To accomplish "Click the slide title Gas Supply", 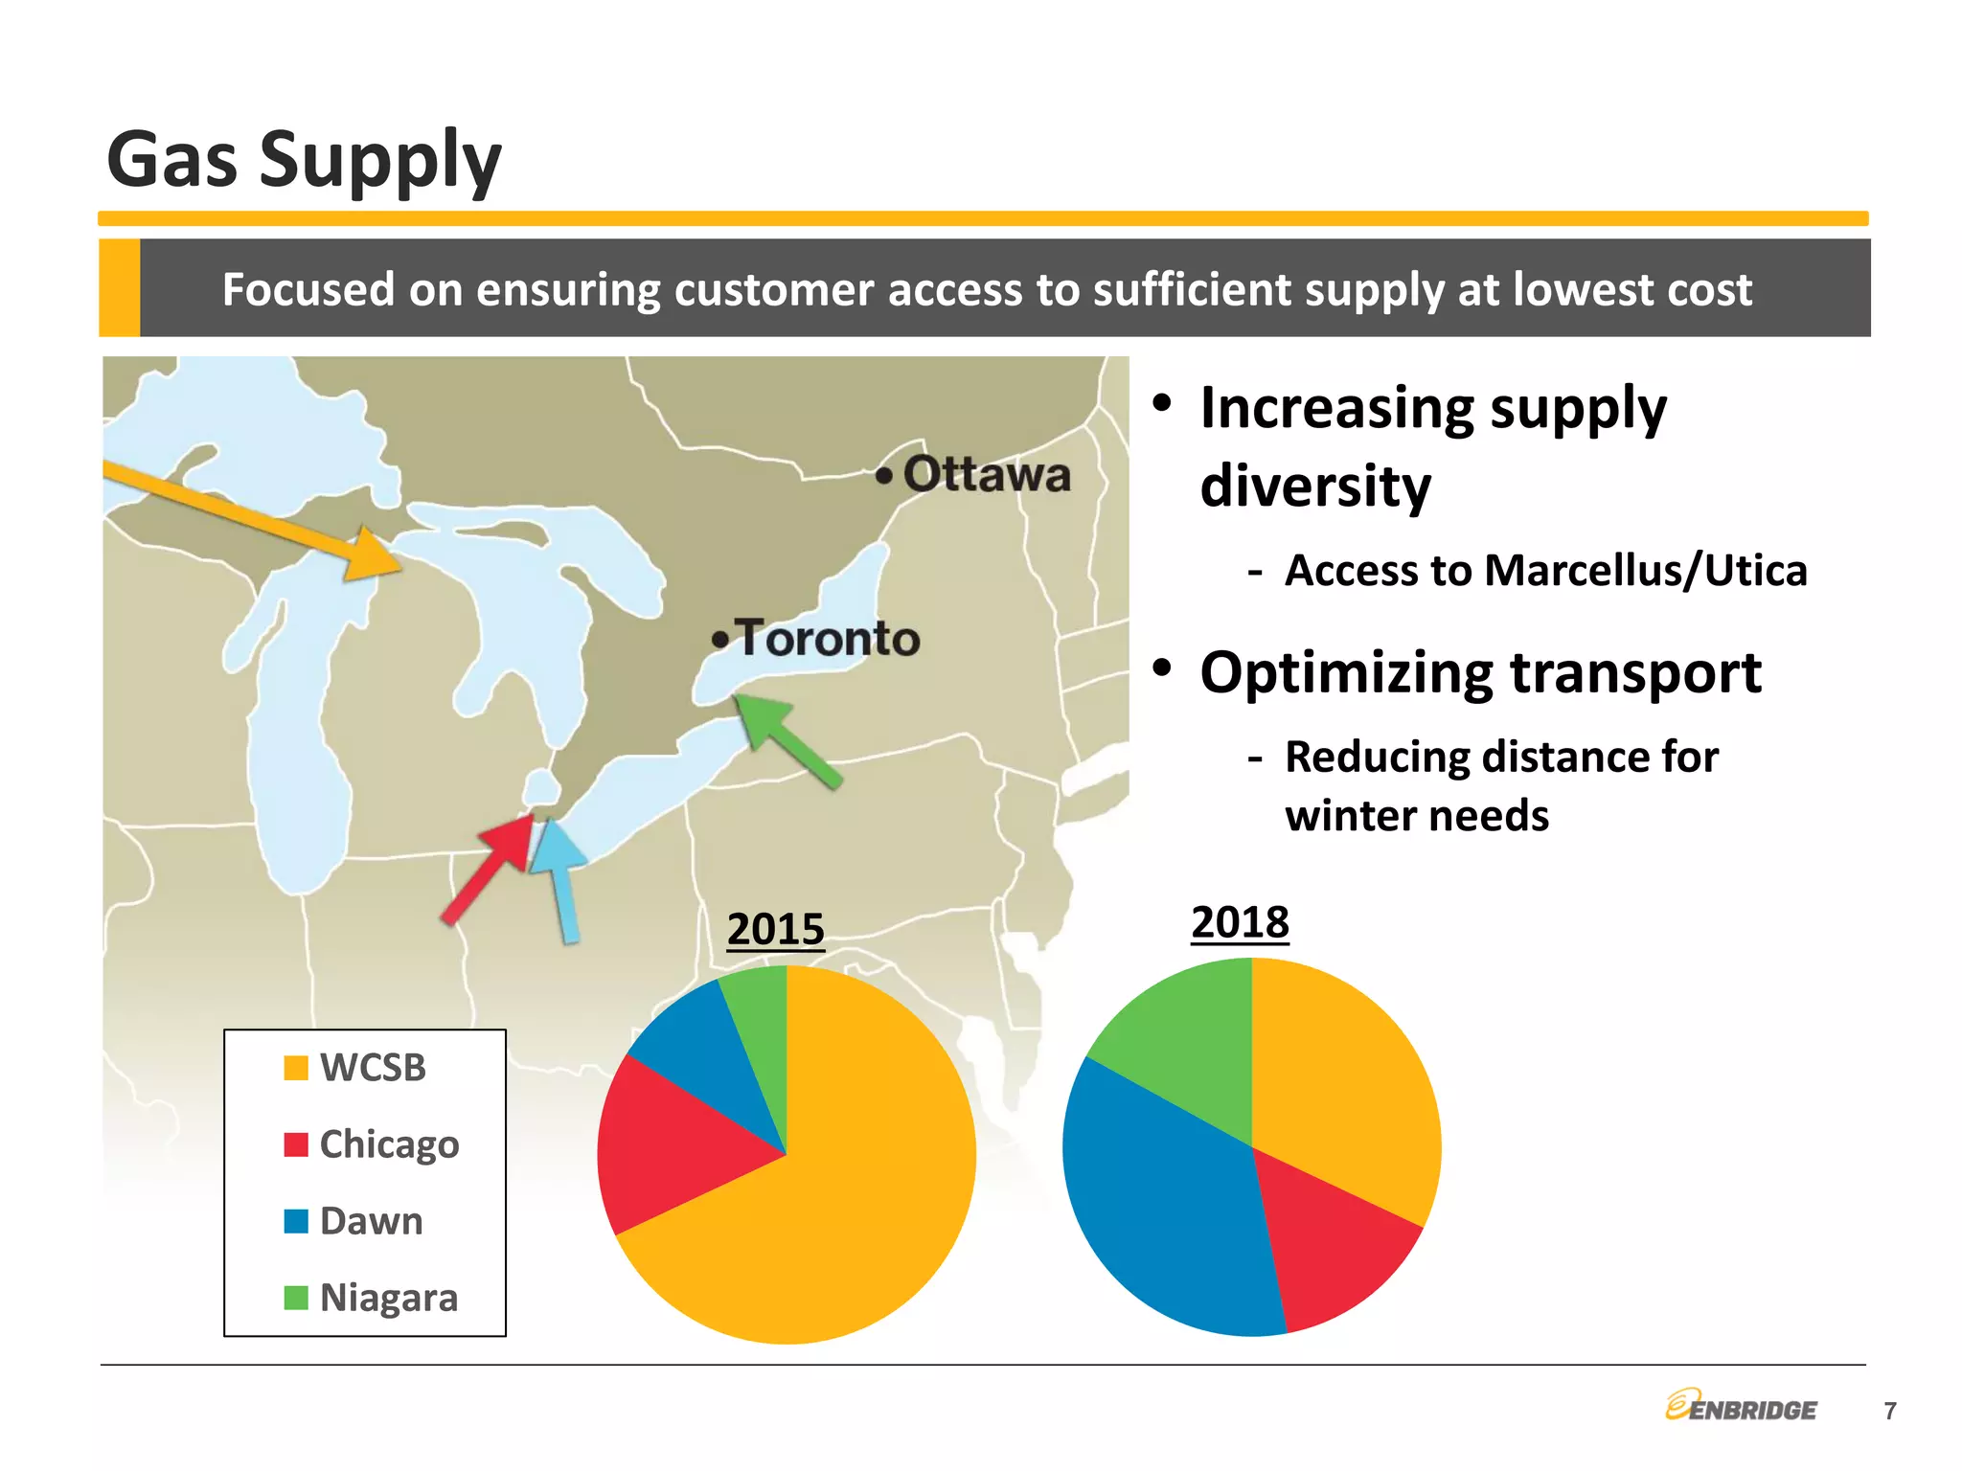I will (x=304, y=159).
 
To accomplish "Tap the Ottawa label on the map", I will (x=986, y=474).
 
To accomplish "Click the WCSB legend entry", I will (x=372, y=1068).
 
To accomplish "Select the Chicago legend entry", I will (x=388, y=1144).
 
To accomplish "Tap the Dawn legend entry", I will (x=371, y=1221).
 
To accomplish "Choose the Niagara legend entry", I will (x=388, y=1298).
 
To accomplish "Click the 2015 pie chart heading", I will (x=775, y=929).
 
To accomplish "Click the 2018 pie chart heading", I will (x=1240, y=922).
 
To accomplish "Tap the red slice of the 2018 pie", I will (x=1336, y=1245).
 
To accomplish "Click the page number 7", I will (x=1889, y=1411).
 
